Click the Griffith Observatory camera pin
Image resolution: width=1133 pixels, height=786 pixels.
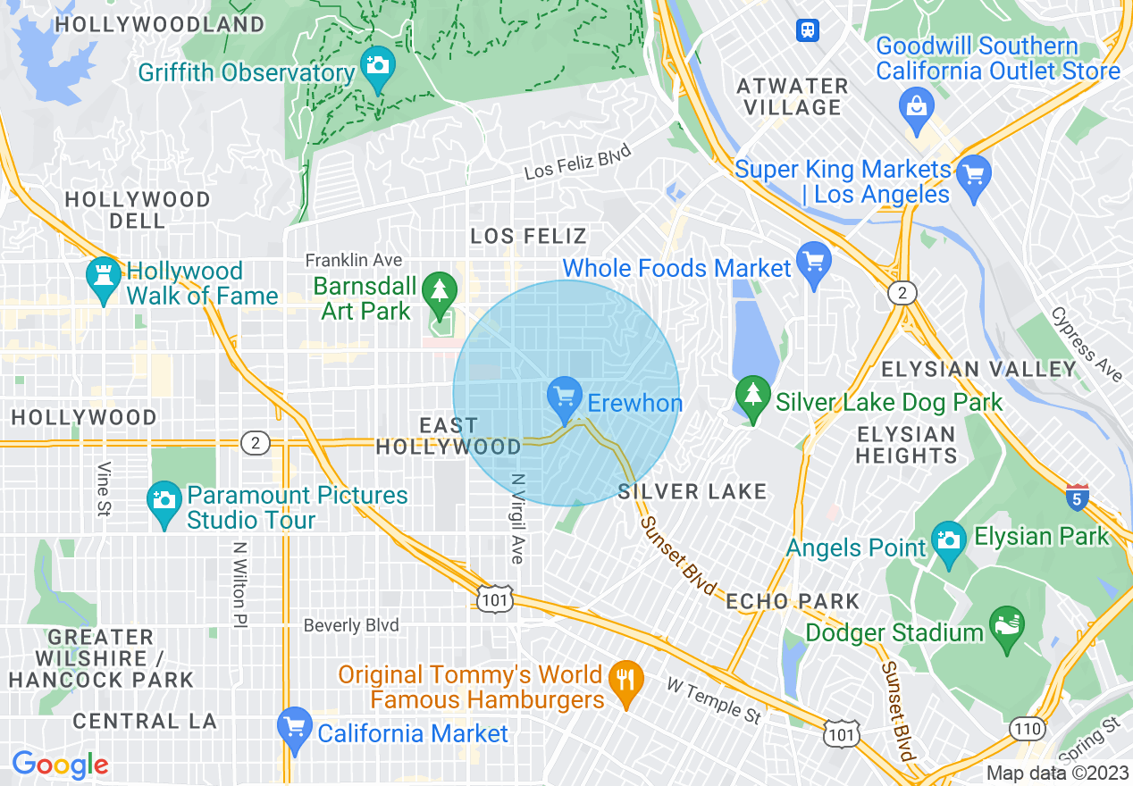[378, 66]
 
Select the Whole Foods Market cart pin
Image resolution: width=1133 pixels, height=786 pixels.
[813, 262]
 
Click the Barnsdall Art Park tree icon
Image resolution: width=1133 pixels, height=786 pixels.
[439, 291]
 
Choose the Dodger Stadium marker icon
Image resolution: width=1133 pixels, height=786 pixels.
[1007, 625]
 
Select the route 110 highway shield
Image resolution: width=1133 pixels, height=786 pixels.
[1028, 729]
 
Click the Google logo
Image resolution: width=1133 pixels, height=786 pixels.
[60, 765]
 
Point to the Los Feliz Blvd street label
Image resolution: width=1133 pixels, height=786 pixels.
[577, 162]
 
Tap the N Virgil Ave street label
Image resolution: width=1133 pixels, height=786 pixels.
[516, 518]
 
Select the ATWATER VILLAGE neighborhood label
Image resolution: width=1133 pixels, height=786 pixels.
[792, 96]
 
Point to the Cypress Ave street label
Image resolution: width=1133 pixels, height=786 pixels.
[1087, 344]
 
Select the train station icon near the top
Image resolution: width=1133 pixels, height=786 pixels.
[808, 29]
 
